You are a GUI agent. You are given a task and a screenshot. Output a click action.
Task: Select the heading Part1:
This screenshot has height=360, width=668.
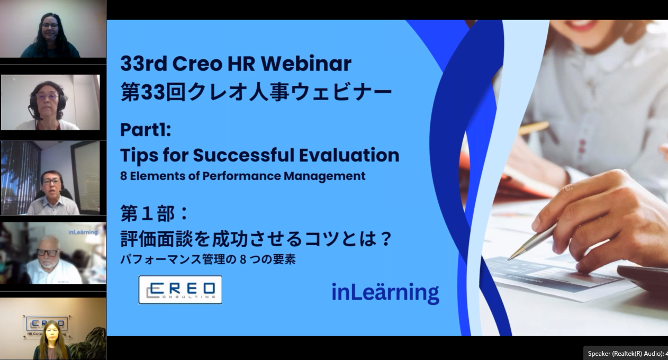pos(146,130)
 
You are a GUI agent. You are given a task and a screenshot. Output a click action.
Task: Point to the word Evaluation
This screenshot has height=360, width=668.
pos(349,155)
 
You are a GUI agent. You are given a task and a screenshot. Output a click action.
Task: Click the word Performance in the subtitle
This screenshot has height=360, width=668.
pos(241,176)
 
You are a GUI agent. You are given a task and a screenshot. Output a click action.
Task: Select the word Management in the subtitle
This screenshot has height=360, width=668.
pos(324,176)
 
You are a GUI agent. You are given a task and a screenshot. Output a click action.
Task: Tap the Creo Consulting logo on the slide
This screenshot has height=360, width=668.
pos(180,290)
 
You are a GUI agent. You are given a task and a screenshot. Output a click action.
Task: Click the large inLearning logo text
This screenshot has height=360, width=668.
pos(385,292)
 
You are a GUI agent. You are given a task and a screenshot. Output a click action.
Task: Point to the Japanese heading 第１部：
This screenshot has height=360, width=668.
pos(154,213)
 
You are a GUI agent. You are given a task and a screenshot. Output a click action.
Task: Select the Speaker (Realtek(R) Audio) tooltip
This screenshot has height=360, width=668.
pos(626,354)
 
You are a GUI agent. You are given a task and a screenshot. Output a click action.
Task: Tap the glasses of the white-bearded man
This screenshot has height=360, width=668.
pos(48,253)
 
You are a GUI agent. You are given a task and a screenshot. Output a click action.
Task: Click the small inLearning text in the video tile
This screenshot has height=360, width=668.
pos(83,232)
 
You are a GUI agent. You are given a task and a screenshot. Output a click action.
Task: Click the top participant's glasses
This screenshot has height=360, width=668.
pos(50,25)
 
